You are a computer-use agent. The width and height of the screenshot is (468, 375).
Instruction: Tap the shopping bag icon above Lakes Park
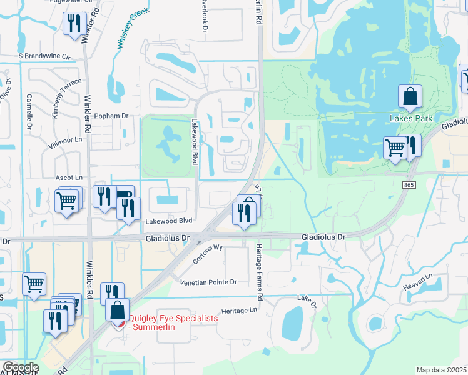click(410, 97)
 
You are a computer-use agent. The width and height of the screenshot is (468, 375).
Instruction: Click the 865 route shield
click(409, 185)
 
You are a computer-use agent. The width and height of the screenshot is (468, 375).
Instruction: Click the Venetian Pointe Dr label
click(208, 282)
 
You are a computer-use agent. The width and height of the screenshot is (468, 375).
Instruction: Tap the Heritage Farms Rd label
click(259, 270)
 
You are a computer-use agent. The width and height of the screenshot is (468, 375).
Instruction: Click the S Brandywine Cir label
click(44, 56)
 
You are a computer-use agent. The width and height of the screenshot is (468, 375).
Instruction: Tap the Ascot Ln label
click(69, 178)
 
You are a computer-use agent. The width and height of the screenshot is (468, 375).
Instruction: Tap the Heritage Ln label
click(240, 311)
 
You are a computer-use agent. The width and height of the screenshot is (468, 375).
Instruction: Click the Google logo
click(20, 367)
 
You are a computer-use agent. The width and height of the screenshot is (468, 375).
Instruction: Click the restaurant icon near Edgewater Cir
click(74, 24)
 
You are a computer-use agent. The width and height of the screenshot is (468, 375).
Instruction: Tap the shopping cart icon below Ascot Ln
click(66, 201)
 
